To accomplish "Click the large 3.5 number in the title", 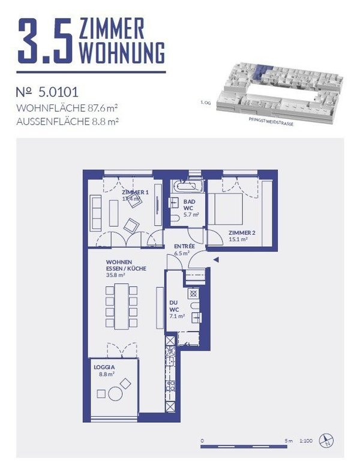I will click(46, 41).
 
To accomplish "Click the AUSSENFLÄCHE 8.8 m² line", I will click(66, 120).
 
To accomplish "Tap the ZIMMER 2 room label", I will click(241, 235).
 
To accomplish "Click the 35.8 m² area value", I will click(115, 275).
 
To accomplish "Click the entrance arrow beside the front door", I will click(216, 259).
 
